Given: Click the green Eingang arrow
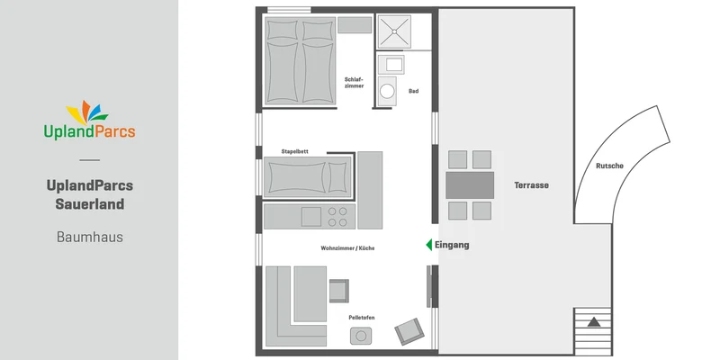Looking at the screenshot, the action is (x=429, y=245).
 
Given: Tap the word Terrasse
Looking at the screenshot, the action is (x=531, y=185).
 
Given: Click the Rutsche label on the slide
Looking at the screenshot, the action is (x=610, y=166).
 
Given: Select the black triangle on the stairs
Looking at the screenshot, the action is (x=594, y=322).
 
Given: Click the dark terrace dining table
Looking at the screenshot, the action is (x=470, y=185).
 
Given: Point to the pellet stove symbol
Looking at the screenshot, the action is (x=361, y=336).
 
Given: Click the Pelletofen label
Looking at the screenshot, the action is (x=362, y=318).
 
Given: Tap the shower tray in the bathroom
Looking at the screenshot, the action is (x=394, y=31).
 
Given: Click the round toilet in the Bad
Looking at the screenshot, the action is (x=387, y=91).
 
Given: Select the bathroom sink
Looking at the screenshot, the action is (x=391, y=64).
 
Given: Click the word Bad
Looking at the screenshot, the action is (x=413, y=92).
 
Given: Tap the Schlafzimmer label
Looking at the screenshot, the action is (x=354, y=83).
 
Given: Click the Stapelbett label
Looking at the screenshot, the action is (x=295, y=151).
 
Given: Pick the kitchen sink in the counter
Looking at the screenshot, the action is (x=311, y=217).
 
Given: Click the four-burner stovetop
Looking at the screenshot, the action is (x=337, y=217).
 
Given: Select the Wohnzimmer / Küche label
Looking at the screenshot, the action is (x=347, y=248).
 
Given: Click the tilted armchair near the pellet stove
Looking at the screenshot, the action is (x=409, y=331).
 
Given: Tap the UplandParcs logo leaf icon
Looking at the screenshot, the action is (x=87, y=112).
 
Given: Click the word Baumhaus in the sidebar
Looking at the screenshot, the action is (x=89, y=237).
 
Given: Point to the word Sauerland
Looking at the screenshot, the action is (x=89, y=204).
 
